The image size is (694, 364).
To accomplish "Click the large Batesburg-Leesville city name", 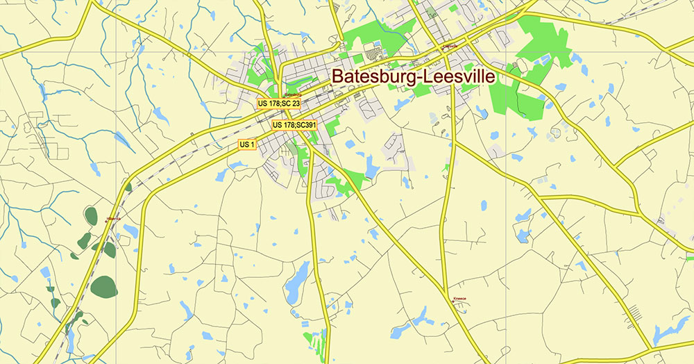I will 413,76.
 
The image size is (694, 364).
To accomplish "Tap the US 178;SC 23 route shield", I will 278,104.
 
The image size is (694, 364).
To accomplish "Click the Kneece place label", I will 459,298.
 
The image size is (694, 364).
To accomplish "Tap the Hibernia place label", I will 113,218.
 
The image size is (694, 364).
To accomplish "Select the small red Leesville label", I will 450,47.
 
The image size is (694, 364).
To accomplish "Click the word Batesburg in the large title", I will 371,76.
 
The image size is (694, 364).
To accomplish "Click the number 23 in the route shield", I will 295,104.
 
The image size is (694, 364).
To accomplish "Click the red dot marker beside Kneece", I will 452,301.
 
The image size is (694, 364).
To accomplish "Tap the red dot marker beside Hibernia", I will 105,221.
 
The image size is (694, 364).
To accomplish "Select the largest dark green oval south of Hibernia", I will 103,286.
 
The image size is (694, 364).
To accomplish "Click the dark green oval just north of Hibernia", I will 91,216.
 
